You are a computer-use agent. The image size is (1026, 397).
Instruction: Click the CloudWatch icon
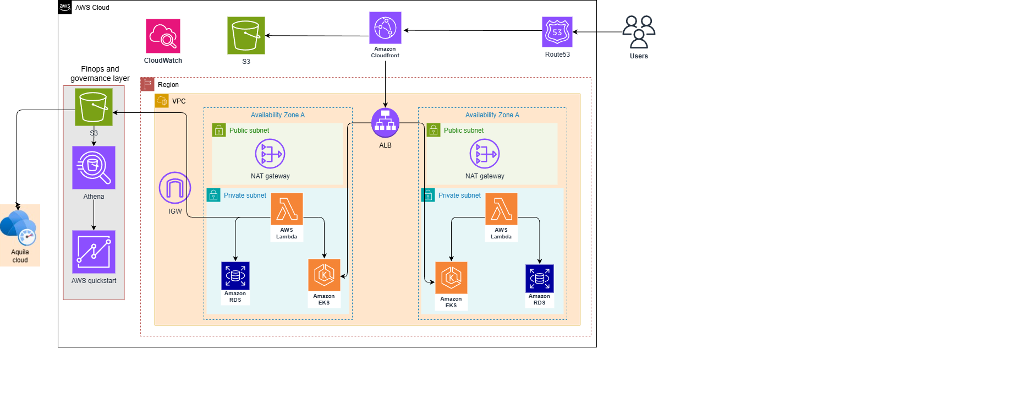(163, 36)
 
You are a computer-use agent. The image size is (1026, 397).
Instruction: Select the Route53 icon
(557, 32)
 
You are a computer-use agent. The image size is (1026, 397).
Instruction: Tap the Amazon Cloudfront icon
(385, 28)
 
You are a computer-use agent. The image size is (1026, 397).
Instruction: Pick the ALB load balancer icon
(385, 123)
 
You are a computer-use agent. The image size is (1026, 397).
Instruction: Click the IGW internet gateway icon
(175, 188)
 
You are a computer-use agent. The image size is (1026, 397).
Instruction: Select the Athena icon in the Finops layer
(94, 167)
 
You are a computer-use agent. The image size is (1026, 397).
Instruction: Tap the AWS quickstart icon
(94, 252)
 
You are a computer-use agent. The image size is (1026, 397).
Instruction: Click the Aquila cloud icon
(19, 227)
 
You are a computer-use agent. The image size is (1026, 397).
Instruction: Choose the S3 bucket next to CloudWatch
(246, 35)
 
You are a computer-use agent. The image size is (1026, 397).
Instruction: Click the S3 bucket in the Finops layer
(94, 107)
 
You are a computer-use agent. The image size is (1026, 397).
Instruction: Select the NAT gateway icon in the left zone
(270, 154)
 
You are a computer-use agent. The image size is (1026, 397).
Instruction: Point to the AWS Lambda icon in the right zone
(501, 209)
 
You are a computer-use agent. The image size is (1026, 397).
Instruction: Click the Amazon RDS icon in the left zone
(235, 276)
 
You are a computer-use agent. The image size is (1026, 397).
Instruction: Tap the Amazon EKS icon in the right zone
(451, 278)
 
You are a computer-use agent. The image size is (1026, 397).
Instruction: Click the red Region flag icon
(147, 84)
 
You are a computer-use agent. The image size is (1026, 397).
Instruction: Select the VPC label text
(179, 101)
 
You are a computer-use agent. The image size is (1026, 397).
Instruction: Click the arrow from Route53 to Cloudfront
(473, 31)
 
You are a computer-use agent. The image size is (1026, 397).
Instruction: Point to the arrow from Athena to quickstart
(94, 215)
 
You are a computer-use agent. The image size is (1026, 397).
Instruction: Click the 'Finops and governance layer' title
(100, 74)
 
